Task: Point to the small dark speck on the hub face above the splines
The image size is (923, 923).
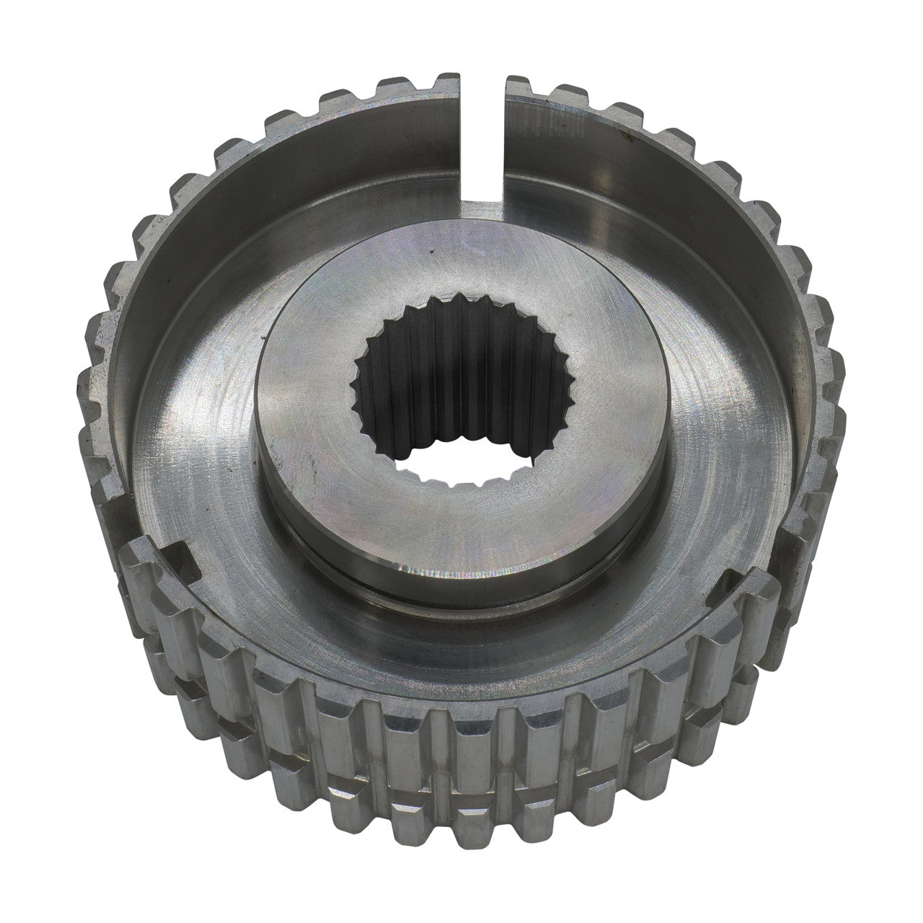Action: (430, 252)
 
